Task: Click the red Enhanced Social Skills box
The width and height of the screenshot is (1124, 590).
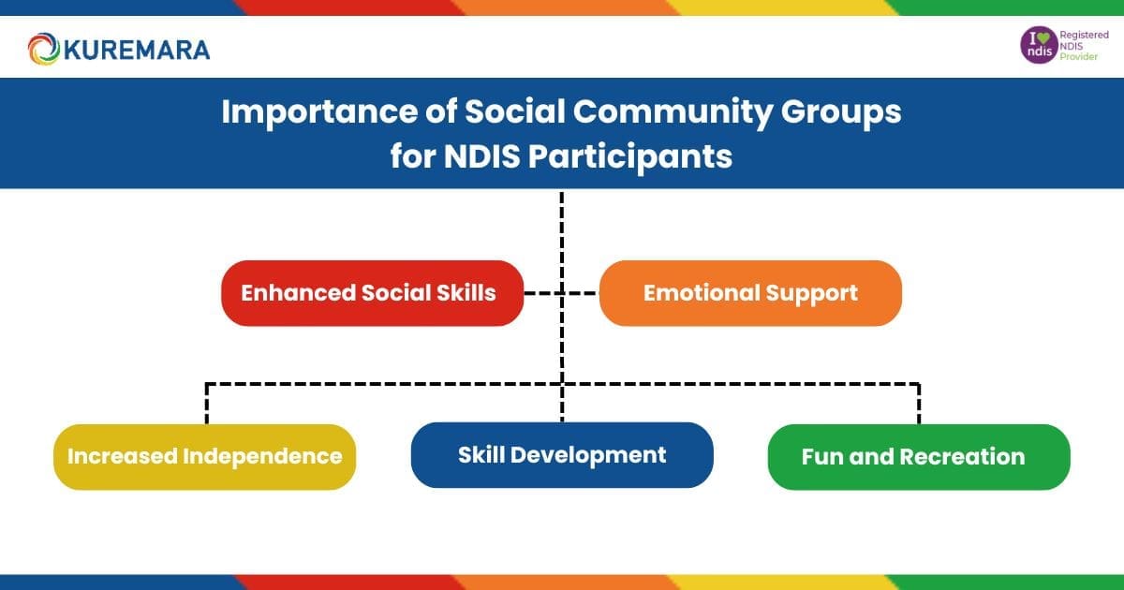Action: (372, 293)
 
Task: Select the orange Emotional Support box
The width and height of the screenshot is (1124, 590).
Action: (750, 293)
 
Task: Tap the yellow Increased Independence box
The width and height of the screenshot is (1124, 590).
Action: (204, 457)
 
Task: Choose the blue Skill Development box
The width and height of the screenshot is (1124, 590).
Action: (562, 455)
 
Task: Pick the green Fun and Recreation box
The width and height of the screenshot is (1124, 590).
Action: (918, 457)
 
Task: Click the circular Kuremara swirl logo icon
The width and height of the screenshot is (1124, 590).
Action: (44, 49)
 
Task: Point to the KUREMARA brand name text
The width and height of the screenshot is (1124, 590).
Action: (136, 49)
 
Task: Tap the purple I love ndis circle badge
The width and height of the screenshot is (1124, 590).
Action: (1037, 46)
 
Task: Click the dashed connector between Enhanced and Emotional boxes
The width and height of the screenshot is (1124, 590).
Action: (560, 293)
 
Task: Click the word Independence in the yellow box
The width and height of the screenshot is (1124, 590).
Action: (261, 457)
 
